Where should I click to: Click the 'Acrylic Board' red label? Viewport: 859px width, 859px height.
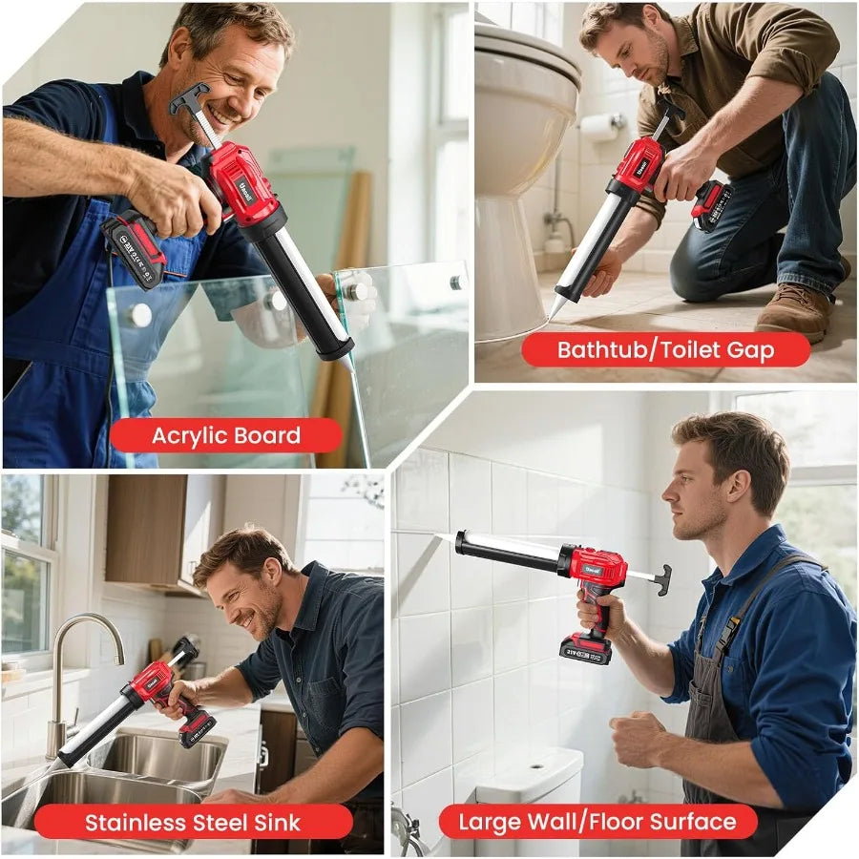click(x=225, y=436)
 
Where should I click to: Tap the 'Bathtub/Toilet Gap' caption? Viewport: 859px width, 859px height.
click(x=665, y=349)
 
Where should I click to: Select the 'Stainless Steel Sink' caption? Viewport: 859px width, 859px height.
click(x=193, y=822)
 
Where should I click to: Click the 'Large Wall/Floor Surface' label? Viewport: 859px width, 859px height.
click(x=597, y=822)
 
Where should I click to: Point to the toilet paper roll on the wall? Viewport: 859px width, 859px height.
click(x=600, y=126)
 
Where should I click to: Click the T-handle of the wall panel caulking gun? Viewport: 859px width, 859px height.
click(x=660, y=578)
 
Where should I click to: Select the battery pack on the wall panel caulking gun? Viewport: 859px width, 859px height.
click(x=585, y=649)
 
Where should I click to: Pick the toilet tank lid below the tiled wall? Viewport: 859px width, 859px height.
click(x=530, y=765)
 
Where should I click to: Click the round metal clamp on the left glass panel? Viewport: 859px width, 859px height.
click(x=139, y=315)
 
